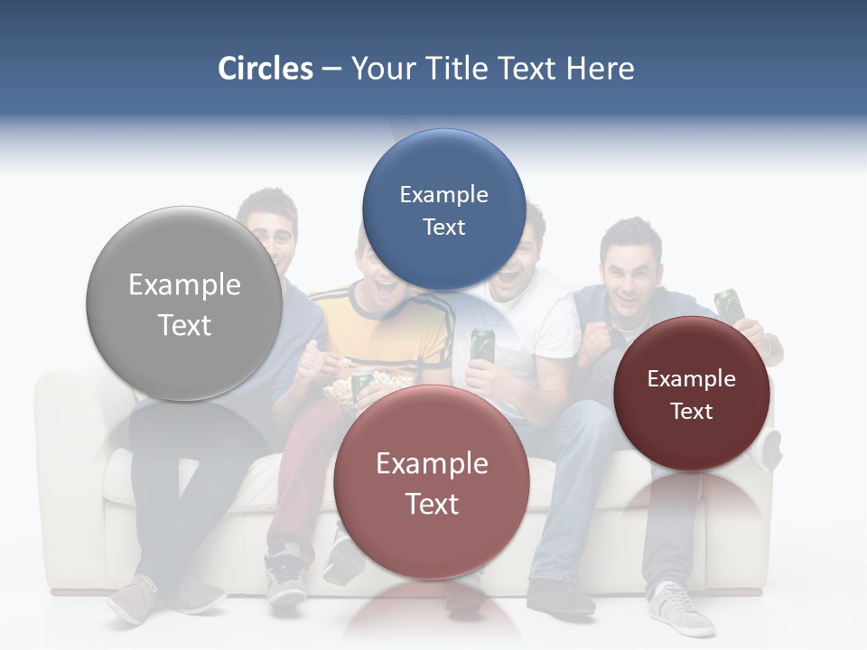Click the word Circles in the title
tap(266, 69)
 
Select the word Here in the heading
tap(600, 69)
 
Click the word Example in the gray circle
tap(184, 285)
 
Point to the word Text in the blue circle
tap(443, 227)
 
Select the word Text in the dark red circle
tap(692, 411)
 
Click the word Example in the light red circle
tap(432, 463)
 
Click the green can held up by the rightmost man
tap(728, 303)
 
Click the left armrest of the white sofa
tap(68, 424)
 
